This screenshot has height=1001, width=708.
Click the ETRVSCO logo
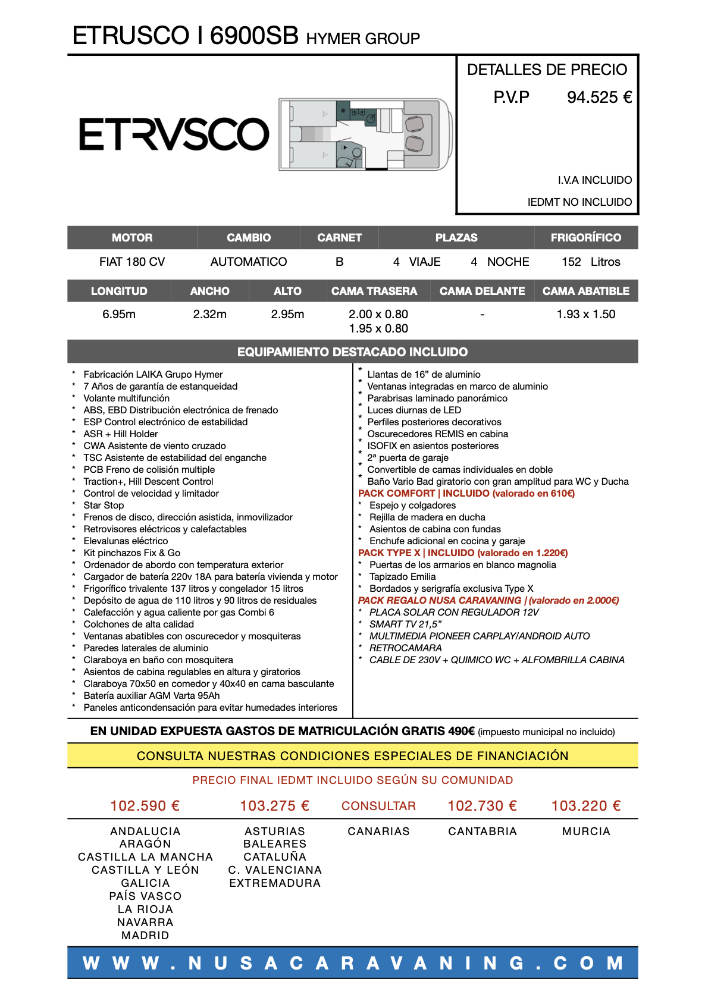[174, 134]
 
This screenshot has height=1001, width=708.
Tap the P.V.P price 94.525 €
[599, 98]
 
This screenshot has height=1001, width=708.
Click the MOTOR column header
[132, 238]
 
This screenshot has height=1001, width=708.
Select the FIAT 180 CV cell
[132, 262]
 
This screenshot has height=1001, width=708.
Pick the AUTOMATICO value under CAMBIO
[249, 262]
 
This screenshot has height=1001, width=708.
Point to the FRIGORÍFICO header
[585, 238]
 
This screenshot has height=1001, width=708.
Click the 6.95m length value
[119, 315]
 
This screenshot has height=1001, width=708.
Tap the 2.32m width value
[209, 315]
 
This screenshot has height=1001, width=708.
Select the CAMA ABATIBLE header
[585, 291]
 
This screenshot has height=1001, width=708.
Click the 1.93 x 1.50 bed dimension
[585, 315]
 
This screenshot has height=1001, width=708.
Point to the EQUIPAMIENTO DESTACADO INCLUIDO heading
[352, 352]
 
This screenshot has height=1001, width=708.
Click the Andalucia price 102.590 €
[145, 806]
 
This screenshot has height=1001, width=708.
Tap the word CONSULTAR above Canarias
[378, 806]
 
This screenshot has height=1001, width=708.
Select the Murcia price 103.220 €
[586, 806]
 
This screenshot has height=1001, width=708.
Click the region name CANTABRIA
[483, 831]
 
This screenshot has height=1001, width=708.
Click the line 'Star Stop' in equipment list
[104, 506]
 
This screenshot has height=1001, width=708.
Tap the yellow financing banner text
[352, 756]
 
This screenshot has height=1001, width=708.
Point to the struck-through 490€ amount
[461, 732]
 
